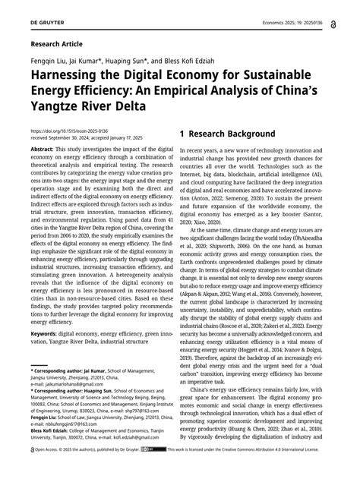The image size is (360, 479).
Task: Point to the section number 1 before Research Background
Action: (x=185, y=134)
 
